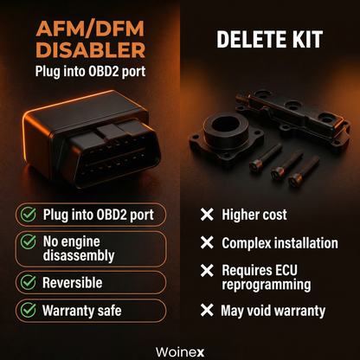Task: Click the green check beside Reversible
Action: tap(28, 282)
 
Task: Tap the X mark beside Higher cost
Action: tap(207, 214)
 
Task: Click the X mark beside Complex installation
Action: tap(207, 245)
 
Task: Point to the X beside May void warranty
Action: tap(207, 310)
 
